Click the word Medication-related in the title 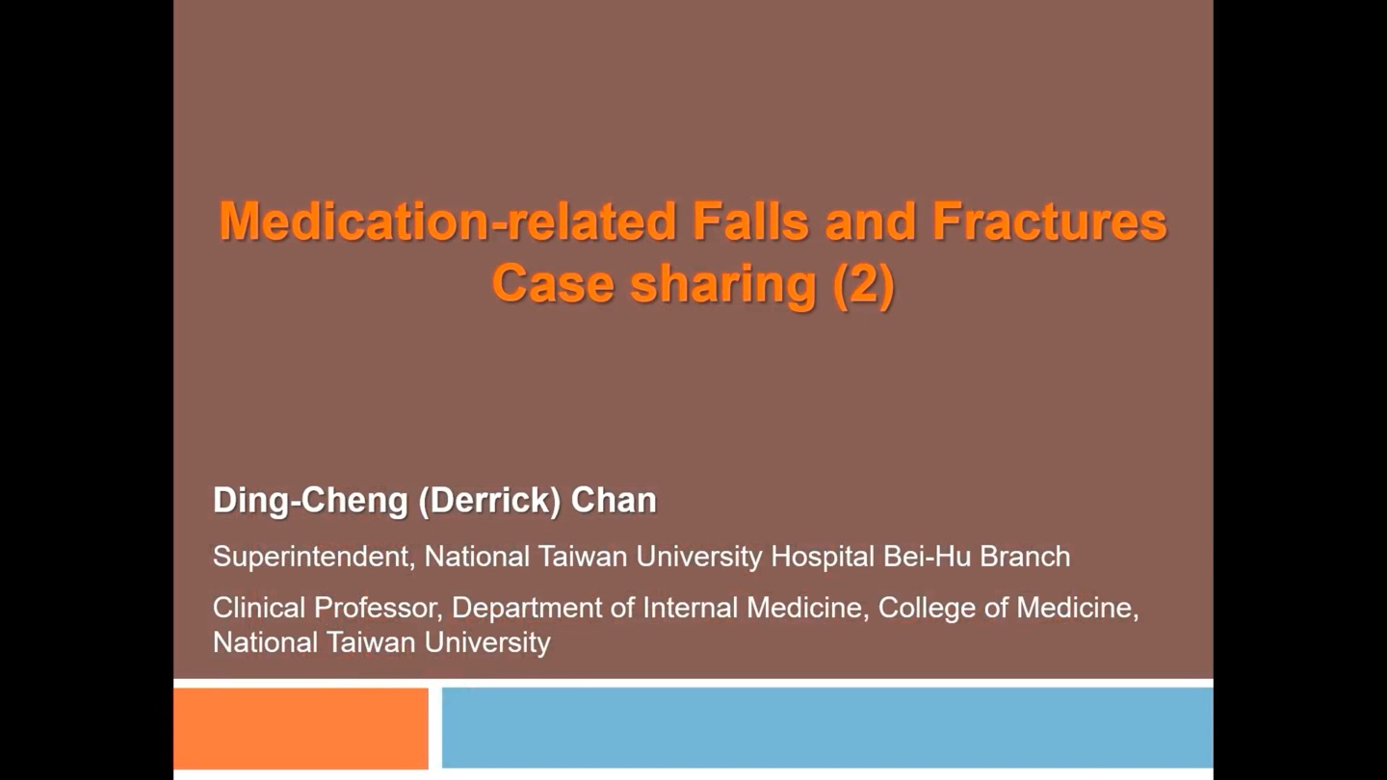pyautogui.click(x=447, y=221)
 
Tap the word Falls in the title pyautogui.click(x=750, y=221)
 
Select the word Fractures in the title pyautogui.click(x=1050, y=221)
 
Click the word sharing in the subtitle pyautogui.click(x=723, y=286)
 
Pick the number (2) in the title pyautogui.click(x=864, y=285)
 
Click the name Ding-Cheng pyautogui.click(x=310, y=501)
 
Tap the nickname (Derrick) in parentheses pyautogui.click(x=489, y=501)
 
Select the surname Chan pyautogui.click(x=614, y=500)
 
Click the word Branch pyautogui.click(x=1025, y=556)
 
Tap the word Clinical pyautogui.click(x=259, y=608)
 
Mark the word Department pyautogui.click(x=527, y=609)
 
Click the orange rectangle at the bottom pyautogui.click(x=301, y=728)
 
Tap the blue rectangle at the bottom pyautogui.click(x=827, y=727)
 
